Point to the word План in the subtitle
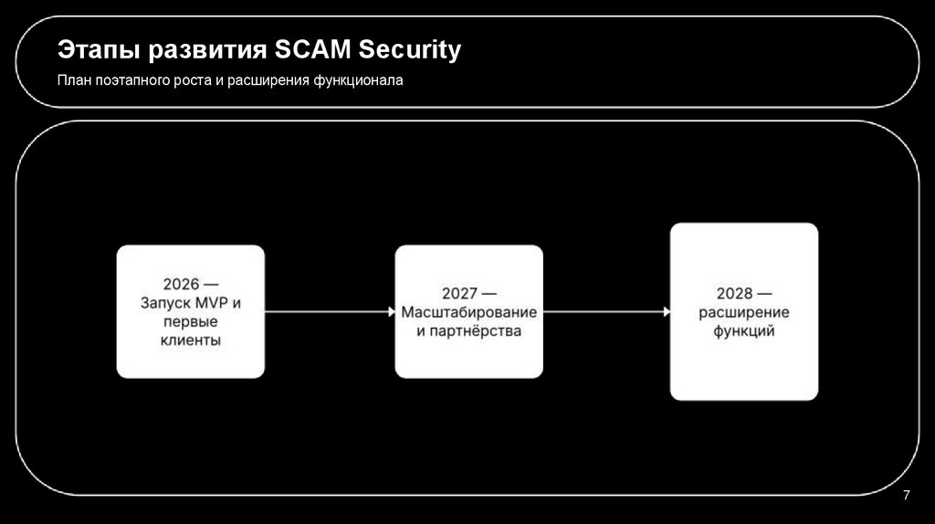pyautogui.click(x=72, y=81)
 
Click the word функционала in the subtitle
pyautogui.click(x=357, y=81)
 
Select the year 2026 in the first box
pyautogui.click(x=181, y=284)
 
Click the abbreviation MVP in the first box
pyautogui.click(x=218, y=302)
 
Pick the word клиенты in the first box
pyautogui.click(x=191, y=341)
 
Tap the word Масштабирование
pyautogui.click(x=468, y=312)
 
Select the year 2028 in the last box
pyautogui.click(x=734, y=294)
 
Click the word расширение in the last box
pyautogui.click(x=744, y=312)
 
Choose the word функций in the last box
pyautogui.click(x=744, y=331)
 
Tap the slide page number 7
pyautogui.click(x=906, y=496)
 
